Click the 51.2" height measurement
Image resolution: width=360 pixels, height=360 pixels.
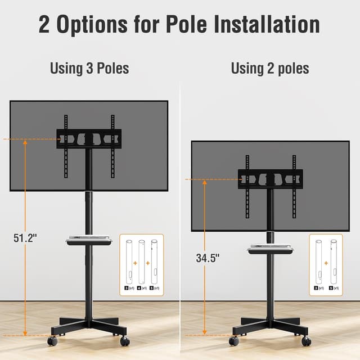click(x=25, y=237)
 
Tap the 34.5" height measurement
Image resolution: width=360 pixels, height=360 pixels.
click(x=208, y=258)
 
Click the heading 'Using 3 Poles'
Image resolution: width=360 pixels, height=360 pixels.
click(x=89, y=69)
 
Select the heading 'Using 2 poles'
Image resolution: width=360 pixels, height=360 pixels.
click(x=270, y=69)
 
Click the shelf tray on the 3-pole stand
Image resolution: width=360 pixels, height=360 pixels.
click(x=89, y=240)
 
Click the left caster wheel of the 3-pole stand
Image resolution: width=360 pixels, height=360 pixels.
click(x=52, y=341)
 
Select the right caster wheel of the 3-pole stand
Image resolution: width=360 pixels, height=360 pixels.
click(x=125, y=341)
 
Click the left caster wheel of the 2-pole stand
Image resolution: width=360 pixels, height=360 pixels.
click(x=234, y=341)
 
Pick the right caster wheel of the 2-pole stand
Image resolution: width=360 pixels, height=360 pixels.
click(x=306, y=341)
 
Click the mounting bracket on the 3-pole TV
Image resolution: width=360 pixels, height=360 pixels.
click(x=89, y=138)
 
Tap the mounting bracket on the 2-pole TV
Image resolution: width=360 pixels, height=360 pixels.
click(x=270, y=179)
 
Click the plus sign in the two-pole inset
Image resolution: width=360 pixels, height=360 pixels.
click(x=326, y=262)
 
